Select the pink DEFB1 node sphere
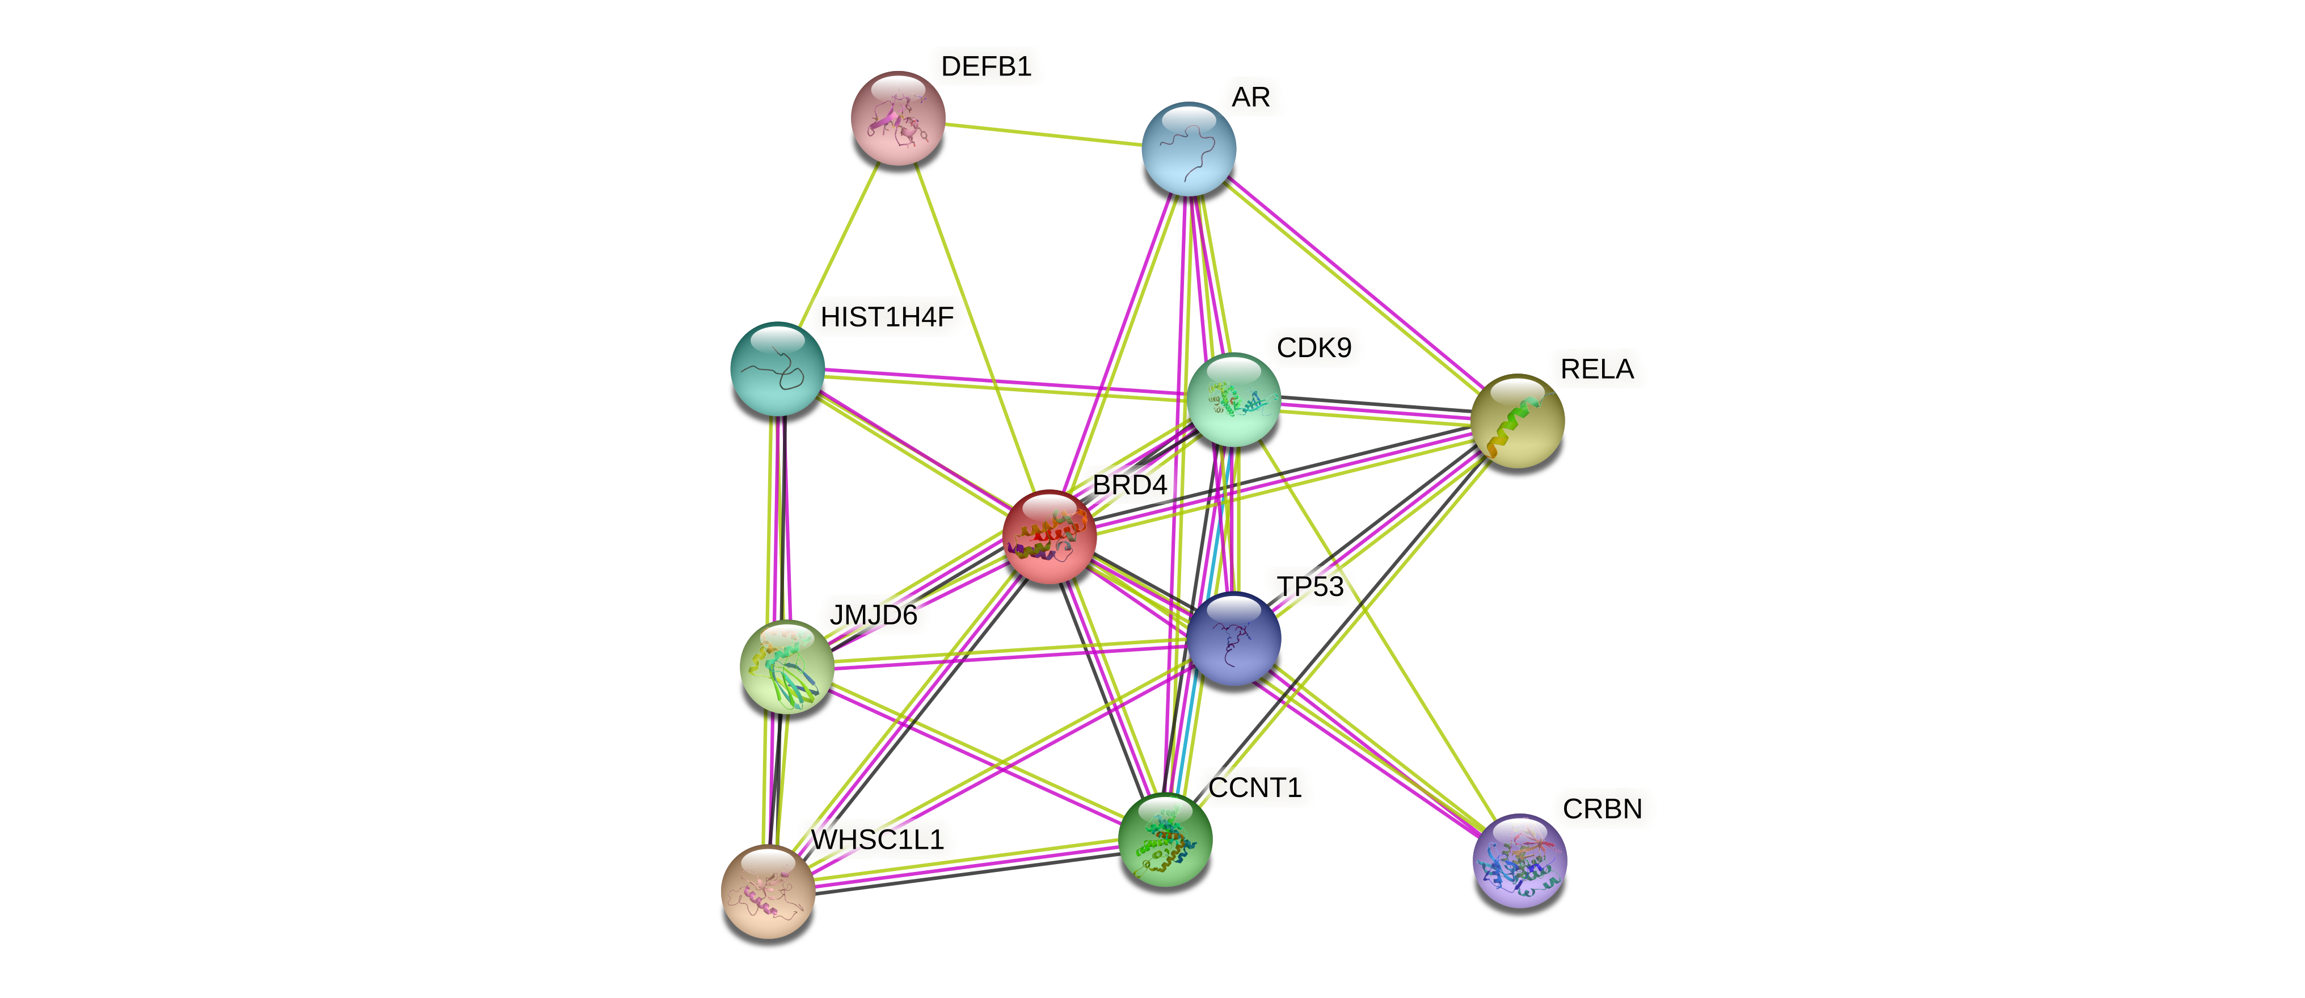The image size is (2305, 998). click(x=897, y=118)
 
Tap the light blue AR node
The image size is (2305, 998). click(x=1189, y=149)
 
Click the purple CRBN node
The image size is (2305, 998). click(x=1519, y=860)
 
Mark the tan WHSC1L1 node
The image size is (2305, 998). click(x=768, y=891)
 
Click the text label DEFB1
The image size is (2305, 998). click(x=986, y=66)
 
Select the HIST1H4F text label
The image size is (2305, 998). click(x=887, y=317)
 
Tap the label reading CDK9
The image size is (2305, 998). click(x=1313, y=347)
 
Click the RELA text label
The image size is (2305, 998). click(x=1596, y=369)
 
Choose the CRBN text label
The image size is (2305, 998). click(x=1602, y=809)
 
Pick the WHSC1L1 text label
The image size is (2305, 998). click(x=877, y=840)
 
